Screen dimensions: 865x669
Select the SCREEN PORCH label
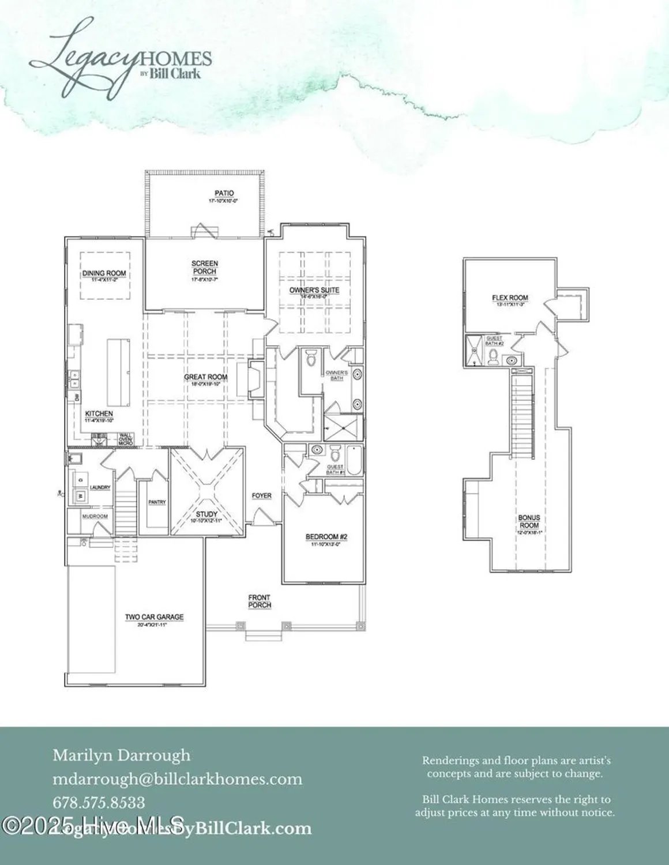click(x=205, y=268)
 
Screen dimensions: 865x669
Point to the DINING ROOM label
click(x=104, y=274)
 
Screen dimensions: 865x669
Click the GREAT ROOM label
click(x=206, y=378)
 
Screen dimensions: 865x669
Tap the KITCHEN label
click(x=99, y=414)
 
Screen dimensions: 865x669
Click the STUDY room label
click(x=206, y=514)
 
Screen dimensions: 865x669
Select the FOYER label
click(x=262, y=495)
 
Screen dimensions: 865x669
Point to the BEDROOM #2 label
click(x=326, y=537)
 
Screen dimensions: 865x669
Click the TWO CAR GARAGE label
click(x=155, y=618)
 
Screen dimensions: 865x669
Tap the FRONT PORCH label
click(x=260, y=601)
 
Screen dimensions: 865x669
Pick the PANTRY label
click(x=157, y=502)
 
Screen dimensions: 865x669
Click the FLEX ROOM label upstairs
click(x=510, y=299)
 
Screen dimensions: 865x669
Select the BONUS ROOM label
click(x=529, y=522)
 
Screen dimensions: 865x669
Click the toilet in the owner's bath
click(x=310, y=359)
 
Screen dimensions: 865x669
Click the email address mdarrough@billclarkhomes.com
click(x=178, y=779)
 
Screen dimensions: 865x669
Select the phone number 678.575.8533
click(x=99, y=802)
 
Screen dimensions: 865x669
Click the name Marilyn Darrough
click(x=121, y=755)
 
